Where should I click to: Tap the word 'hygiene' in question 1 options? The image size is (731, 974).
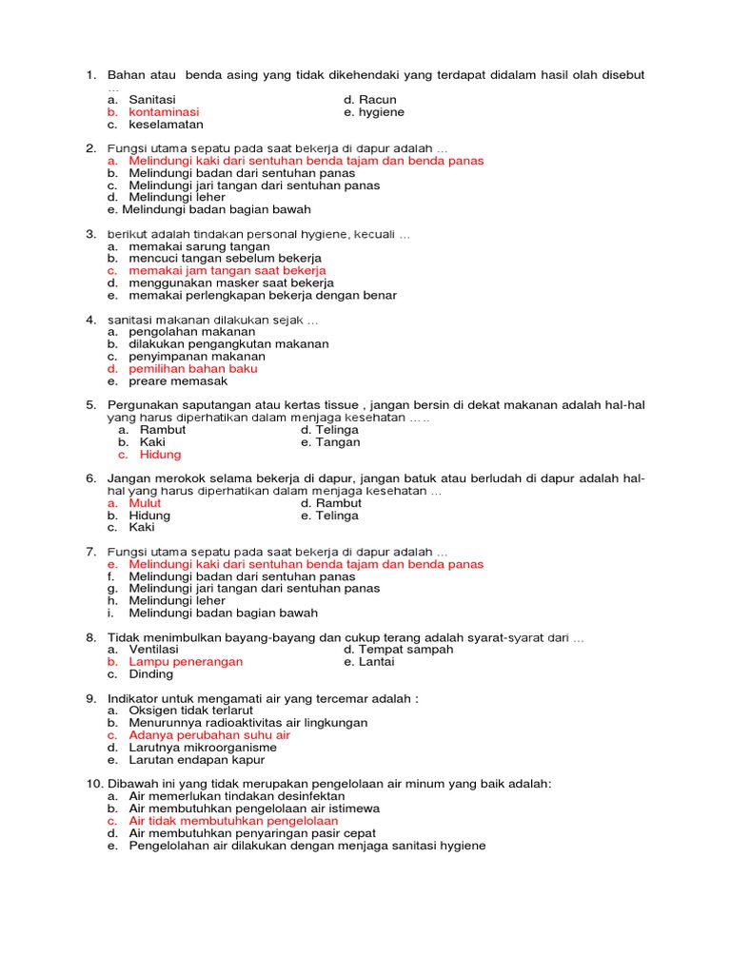point(381,112)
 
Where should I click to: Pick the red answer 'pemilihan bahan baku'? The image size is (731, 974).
point(193,369)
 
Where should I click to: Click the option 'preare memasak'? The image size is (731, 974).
point(178,381)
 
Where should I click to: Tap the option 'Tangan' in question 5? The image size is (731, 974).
point(339,442)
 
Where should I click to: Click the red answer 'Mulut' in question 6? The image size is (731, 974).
point(145,503)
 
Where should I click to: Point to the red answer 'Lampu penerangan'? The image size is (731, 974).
point(186,662)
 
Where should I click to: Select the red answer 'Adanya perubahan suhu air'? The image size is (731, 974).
point(209,735)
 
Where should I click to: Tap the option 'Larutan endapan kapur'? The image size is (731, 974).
point(196,760)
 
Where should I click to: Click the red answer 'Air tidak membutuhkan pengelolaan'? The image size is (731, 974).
point(233,821)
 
